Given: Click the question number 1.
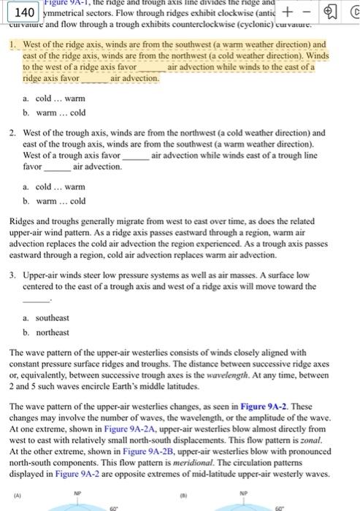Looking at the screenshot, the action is point(14,44).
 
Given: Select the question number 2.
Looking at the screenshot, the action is point(14,133).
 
